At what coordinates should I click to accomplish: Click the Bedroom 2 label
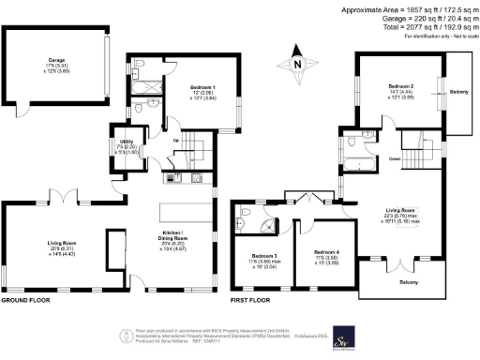[400, 86]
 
